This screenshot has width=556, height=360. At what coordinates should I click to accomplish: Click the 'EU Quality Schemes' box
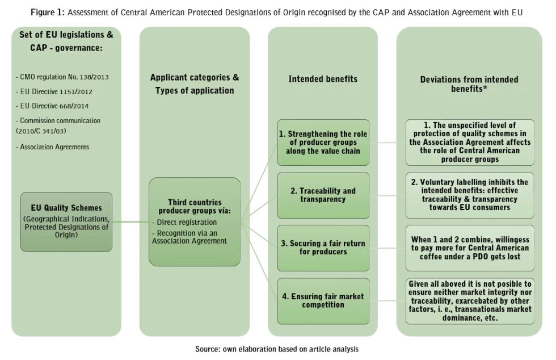66,221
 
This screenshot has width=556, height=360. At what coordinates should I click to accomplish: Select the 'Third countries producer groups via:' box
195,221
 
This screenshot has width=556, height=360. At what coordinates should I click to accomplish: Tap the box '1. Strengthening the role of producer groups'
323,143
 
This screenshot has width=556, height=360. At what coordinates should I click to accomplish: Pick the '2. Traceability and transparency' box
323,195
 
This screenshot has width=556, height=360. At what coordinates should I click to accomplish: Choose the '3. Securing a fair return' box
323,248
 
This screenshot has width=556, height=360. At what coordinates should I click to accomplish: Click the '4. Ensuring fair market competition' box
323,300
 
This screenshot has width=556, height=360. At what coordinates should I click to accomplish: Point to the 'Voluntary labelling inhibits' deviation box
469,195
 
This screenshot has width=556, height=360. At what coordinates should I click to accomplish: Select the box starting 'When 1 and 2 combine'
469,248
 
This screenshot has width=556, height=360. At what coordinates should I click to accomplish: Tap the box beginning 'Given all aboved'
469,300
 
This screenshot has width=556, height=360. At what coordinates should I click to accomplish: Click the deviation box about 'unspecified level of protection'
469,143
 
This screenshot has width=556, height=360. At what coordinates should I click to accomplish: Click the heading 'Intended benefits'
323,79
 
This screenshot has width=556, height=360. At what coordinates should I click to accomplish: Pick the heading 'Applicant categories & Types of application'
195,83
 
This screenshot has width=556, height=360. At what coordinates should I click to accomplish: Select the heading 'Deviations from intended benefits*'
469,84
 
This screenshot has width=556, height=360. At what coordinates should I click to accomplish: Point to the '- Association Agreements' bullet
52,146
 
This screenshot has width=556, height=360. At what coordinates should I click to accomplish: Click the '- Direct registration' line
184,222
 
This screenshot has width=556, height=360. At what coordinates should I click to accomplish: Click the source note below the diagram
277,349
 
